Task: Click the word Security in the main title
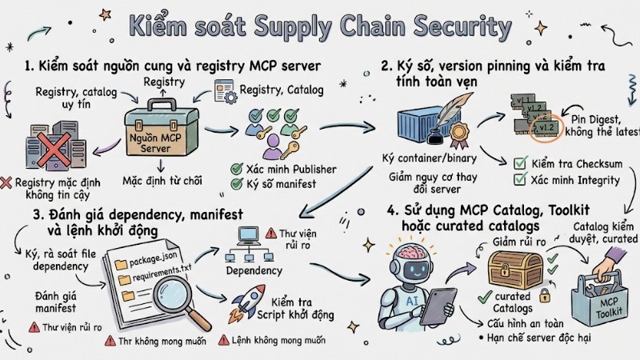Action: pyautogui.click(x=459, y=26)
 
